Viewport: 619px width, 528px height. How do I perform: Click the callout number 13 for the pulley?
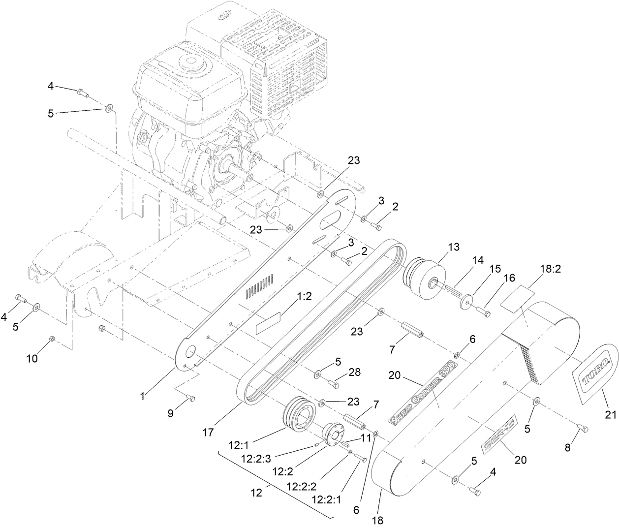click(x=453, y=247)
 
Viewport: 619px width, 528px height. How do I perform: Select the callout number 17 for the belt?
click(x=208, y=433)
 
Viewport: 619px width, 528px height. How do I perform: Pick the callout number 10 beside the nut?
click(x=31, y=359)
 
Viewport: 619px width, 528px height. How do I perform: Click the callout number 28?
click(x=355, y=373)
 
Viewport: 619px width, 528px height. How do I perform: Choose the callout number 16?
click(x=509, y=278)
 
